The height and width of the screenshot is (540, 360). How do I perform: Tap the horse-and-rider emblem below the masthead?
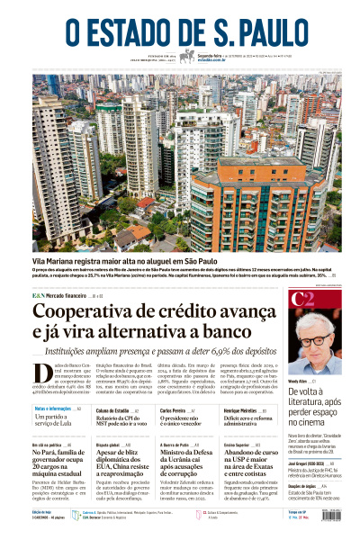click(186, 57)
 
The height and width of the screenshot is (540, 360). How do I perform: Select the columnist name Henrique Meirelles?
click(240, 409)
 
